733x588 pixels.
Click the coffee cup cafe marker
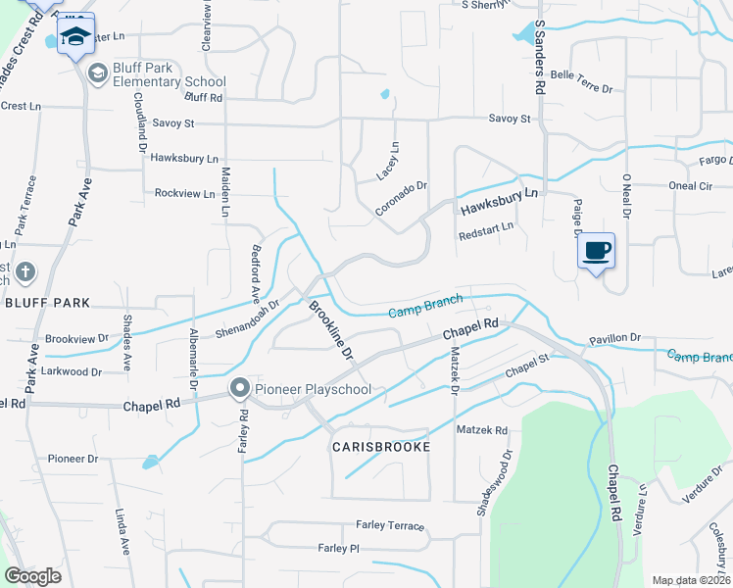pos(596,251)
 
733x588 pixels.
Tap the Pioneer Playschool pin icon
pos(239,389)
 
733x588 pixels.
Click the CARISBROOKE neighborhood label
pos(381,447)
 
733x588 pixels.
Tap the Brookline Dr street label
pos(330,329)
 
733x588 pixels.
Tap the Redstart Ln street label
pos(485,236)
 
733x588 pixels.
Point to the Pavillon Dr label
pos(614,338)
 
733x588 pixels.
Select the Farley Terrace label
pos(390,526)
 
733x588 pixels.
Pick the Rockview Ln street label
pos(184,193)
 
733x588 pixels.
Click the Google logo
pos(33,576)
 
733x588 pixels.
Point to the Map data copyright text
pos(690,580)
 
